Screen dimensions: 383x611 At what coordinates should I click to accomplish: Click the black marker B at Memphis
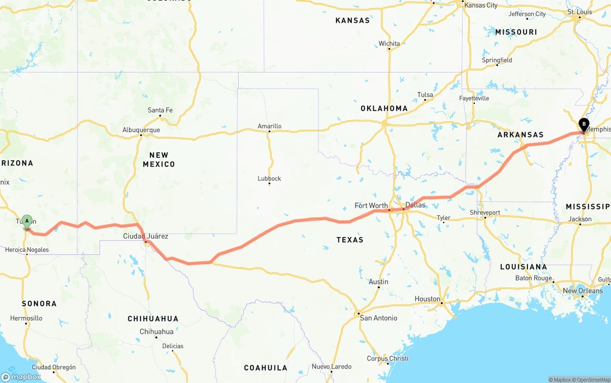pos(583,124)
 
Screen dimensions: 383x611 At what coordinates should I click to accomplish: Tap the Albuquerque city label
pos(141,130)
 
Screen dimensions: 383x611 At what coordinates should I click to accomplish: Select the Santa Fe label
pos(160,110)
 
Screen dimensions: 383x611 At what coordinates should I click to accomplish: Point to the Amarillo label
pos(270,126)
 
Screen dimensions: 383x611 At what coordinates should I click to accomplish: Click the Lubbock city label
pos(269,178)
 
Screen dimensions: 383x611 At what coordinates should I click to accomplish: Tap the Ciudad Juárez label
pos(146,236)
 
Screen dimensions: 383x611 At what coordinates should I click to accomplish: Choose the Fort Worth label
pos(371,206)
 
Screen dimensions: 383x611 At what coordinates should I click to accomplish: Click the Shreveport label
pos(485,212)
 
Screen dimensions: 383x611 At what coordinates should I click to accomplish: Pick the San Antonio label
pos(379,318)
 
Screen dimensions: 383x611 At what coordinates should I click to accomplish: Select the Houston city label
pos(427,299)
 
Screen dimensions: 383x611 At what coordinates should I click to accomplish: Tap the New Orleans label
pos(583,291)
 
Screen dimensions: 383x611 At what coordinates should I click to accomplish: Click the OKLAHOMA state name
pos(384,108)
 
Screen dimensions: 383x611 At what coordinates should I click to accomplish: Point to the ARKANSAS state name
pos(520,135)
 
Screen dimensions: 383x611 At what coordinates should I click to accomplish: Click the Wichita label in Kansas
pos(389,43)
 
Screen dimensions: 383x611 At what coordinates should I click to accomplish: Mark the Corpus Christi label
pos(388,359)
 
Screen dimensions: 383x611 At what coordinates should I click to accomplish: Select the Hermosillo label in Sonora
pos(26,318)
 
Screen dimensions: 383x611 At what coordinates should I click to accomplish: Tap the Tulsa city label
pos(425,94)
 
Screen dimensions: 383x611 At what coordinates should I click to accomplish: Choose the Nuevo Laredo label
pos(332,367)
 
